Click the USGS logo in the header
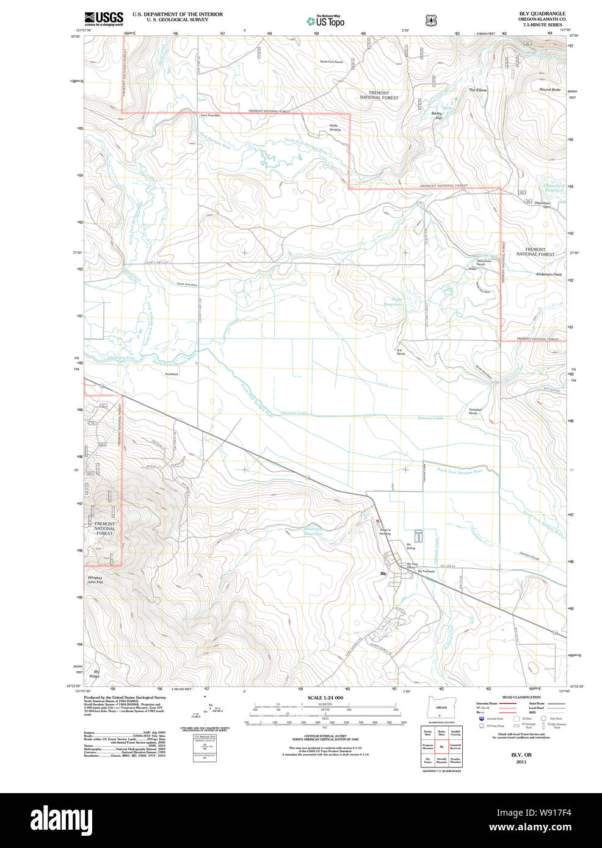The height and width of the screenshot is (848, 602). (104, 18)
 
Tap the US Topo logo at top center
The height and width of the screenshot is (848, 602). (325, 21)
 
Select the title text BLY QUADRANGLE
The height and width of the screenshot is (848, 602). (542, 13)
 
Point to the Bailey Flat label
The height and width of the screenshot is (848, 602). (437, 115)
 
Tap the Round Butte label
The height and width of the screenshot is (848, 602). (549, 90)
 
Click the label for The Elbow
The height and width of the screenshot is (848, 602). (477, 90)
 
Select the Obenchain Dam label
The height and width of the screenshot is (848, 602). (542, 205)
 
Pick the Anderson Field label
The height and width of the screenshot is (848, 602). (548, 275)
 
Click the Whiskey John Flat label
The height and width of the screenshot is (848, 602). (95, 580)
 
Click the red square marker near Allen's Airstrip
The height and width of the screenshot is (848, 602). (378, 520)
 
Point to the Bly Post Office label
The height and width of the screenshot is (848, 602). (412, 566)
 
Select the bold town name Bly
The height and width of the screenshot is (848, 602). (383, 573)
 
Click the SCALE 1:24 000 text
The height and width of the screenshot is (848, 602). (325, 697)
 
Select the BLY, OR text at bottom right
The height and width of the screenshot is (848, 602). (521, 755)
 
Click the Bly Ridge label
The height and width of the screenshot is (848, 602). (95, 674)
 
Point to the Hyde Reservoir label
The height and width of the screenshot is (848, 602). (397, 301)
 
